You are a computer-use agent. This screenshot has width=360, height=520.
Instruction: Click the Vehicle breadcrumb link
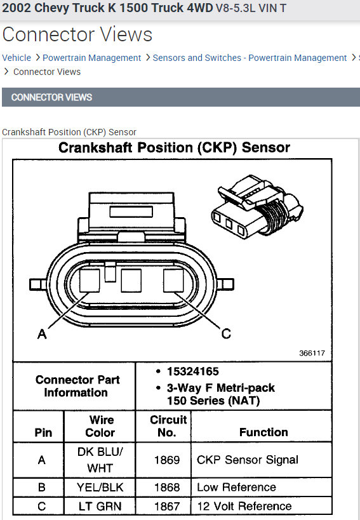coord(17,58)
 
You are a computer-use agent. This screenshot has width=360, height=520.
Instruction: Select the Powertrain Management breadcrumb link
coord(92,58)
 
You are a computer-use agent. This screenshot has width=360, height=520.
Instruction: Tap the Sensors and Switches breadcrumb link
coord(250,58)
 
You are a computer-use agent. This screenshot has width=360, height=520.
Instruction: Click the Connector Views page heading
coord(77,34)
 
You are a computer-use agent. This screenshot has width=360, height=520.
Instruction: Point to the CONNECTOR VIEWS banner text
coord(51,97)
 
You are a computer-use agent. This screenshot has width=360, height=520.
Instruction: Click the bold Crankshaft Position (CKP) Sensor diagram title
coord(175,147)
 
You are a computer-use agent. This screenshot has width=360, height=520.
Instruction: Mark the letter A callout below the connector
coord(42,333)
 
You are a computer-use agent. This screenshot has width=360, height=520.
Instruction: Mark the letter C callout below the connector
coord(226,333)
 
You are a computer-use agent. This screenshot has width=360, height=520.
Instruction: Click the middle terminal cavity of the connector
coord(131,281)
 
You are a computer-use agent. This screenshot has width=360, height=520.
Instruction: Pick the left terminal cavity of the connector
coord(90,281)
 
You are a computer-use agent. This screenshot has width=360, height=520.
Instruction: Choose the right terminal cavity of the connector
coord(173,281)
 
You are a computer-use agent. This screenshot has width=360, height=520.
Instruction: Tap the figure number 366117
coord(312,353)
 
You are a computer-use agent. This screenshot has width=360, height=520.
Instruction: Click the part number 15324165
coord(192,371)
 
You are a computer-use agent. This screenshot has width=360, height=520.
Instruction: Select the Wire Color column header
coord(100,426)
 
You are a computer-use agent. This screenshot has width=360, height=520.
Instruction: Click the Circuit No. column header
coord(168,426)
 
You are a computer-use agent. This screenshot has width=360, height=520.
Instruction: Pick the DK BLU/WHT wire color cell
coord(100,460)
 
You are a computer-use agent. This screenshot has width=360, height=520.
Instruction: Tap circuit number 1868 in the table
coord(167,487)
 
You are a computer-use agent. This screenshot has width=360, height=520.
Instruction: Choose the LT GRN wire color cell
coord(100,507)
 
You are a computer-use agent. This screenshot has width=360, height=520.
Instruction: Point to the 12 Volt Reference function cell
coord(244,506)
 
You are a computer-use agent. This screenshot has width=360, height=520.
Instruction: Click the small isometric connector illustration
coord(257,206)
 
